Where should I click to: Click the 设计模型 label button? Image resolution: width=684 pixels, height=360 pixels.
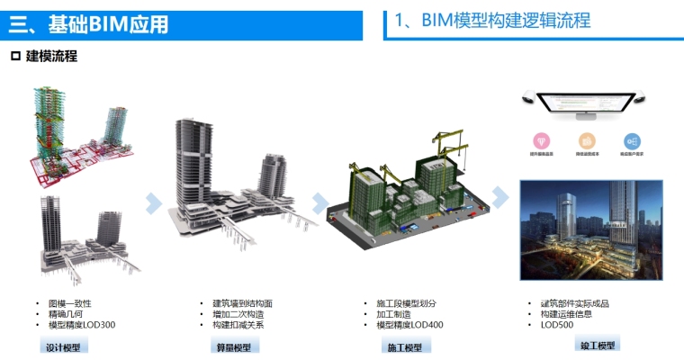pyautogui.click(x=64, y=347)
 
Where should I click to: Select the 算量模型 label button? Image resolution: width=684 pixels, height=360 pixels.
pyautogui.click(x=233, y=347)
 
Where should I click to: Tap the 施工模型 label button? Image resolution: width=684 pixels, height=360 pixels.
pyautogui.click(x=405, y=347)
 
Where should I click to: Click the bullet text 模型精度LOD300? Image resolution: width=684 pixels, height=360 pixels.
pyautogui.click(x=82, y=325)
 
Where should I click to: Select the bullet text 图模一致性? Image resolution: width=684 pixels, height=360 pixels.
pyautogui.click(x=68, y=303)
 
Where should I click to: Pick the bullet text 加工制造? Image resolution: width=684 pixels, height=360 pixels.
pyautogui.click(x=394, y=314)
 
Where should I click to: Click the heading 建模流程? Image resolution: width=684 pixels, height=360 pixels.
pyautogui.click(x=51, y=57)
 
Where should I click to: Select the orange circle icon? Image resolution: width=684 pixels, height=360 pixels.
pyautogui.click(x=588, y=142)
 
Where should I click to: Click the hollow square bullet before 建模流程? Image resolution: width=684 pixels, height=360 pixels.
pyautogui.click(x=14, y=57)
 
